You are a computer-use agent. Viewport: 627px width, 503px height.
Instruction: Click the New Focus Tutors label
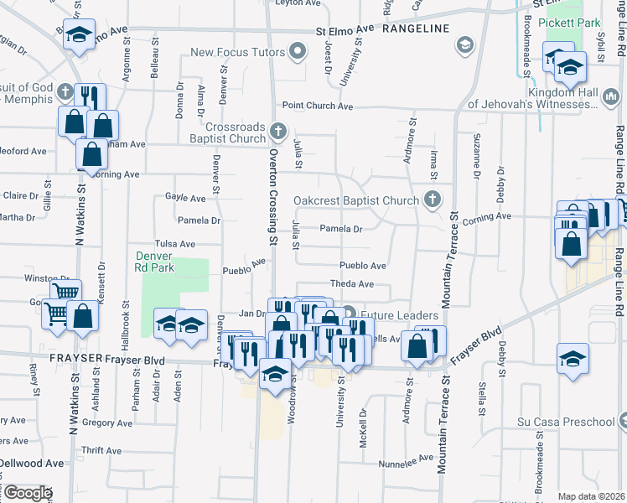point(239,52)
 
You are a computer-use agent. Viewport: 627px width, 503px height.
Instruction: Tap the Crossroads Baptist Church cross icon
point(279,131)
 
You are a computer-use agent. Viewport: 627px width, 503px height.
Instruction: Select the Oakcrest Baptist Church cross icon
point(432,200)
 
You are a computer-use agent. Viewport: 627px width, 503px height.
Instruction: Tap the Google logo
point(28,493)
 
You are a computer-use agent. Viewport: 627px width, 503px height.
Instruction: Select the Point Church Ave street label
point(318,106)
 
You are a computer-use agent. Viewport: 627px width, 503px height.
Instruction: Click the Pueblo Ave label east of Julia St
point(362,266)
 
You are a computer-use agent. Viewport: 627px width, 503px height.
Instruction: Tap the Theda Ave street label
point(351,284)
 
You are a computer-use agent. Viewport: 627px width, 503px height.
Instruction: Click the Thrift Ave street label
point(102,451)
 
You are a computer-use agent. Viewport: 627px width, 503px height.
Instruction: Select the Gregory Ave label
point(108,423)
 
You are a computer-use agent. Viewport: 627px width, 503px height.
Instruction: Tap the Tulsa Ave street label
point(175,244)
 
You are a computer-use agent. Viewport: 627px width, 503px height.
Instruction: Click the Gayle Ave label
point(185,199)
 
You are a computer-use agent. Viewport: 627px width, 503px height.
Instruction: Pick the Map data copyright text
point(592,497)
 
